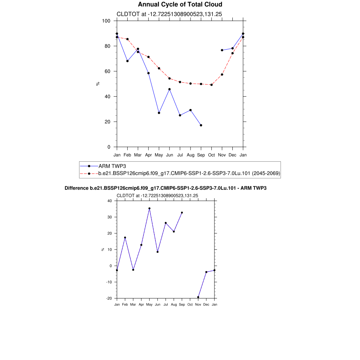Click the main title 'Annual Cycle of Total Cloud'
pos(180,5)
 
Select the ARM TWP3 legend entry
pos(110,166)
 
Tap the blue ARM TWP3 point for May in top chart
pos(159,113)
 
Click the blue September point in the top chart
pos(201,125)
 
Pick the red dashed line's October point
pos(211,85)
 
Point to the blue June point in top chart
pos(169,89)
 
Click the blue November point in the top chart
pos(222,50)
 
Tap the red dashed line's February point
pos(127,39)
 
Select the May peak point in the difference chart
pos(149,208)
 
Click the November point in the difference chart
pos(198,297)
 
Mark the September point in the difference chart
pos(182,213)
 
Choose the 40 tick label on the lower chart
pos(109,201)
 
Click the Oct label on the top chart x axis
pos(211,155)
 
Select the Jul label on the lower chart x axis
pos(166,304)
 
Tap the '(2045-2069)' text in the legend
pos(266,173)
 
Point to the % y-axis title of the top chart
pos(98,84)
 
